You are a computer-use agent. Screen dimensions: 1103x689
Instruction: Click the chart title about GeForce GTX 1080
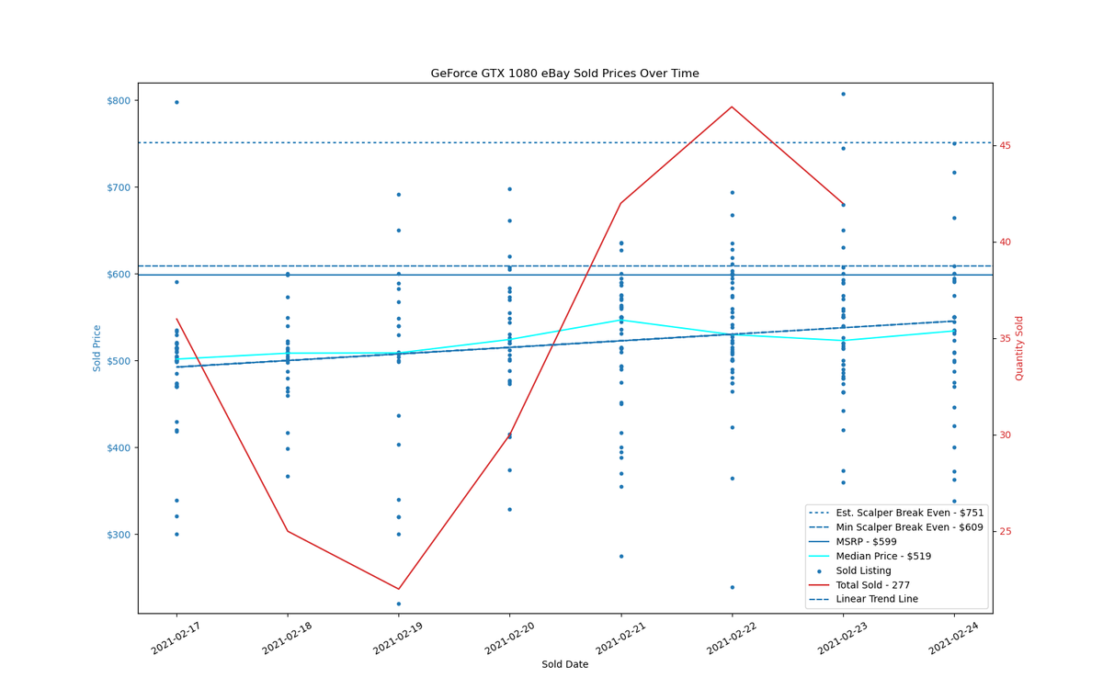564,73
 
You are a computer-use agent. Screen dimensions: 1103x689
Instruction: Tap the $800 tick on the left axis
119,101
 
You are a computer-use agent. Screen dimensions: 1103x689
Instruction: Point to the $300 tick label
119,535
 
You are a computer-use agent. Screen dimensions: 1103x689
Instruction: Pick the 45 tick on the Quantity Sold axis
1005,146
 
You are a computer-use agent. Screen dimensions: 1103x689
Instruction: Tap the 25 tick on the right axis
1005,532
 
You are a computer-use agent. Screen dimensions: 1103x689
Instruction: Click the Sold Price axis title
97,348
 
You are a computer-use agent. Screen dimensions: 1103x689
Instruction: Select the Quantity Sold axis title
1018,348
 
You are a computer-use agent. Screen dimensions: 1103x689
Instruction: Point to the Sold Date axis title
564,664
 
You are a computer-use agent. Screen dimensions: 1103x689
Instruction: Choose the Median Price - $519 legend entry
870,556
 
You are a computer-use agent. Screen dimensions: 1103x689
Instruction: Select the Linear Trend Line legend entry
863,599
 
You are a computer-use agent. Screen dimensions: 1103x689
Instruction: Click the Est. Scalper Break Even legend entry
895,513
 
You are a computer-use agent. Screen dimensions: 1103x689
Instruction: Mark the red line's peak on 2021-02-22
733,107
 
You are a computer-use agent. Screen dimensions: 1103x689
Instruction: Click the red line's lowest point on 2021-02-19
399,589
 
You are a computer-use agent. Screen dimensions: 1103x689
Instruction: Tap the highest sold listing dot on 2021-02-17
176,102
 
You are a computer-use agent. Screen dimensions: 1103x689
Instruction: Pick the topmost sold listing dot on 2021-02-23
843,94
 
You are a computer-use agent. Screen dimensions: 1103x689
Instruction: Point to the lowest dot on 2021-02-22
733,587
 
